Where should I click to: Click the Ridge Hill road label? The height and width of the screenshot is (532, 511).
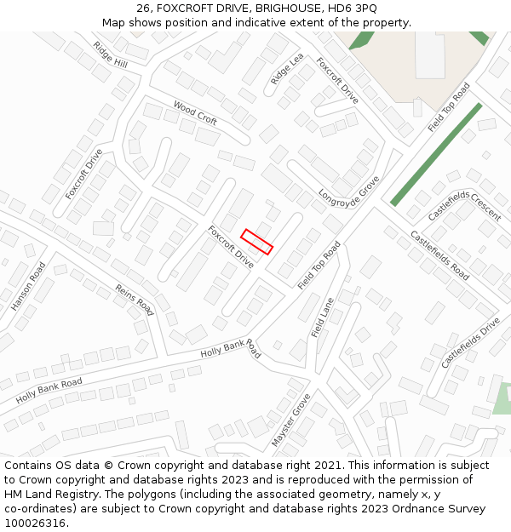(x=110, y=55)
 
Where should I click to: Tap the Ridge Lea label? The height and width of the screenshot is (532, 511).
(x=287, y=69)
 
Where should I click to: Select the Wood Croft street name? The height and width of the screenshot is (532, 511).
(x=195, y=112)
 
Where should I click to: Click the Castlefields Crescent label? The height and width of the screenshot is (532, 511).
(x=464, y=205)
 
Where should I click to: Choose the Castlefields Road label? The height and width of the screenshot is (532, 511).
(x=439, y=255)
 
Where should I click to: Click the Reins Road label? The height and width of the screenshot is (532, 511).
(x=135, y=300)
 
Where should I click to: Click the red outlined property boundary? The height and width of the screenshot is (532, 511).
(x=256, y=242)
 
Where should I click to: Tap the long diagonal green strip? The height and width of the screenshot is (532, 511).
(x=436, y=154)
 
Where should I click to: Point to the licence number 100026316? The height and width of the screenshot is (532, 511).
(x=37, y=523)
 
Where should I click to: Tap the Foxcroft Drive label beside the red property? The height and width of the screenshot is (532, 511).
(x=231, y=247)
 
